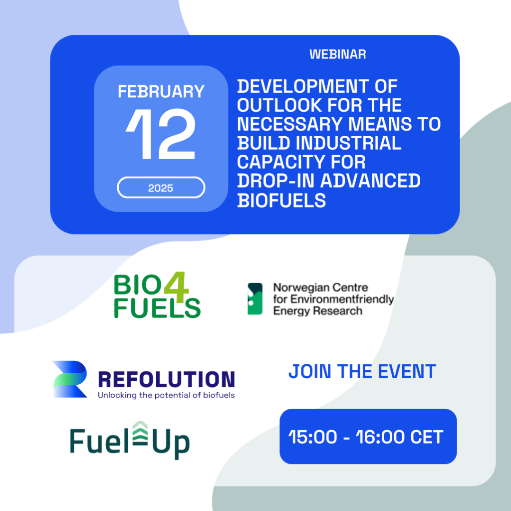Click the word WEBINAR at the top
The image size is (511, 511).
pyautogui.click(x=338, y=54)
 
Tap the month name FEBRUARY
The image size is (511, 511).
pyautogui.click(x=161, y=92)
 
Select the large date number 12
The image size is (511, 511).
pyautogui.click(x=160, y=134)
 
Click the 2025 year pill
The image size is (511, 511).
pyautogui.click(x=161, y=188)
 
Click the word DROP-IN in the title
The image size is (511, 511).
pyautogui.click(x=275, y=181)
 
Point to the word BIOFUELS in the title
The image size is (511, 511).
pyautogui.click(x=281, y=200)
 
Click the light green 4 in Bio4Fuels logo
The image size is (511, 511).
pyautogui.click(x=176, y=287)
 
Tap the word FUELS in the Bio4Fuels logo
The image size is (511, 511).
pyautogui.click(x=157, y=308)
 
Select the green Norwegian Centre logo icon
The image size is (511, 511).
pyautogui.click(x=255, y=299)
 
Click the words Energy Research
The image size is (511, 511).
pyautogui.click(x=318, y=311)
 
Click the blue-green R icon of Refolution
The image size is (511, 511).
pyautogui.click(x=70, y=379)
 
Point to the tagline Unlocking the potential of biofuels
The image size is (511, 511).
pyautogui.click(x=166, y=395)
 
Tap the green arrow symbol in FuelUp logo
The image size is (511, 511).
pyautogui.click(x=140, y=433)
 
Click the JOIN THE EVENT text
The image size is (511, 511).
pyautogui.click(x=362, y=371)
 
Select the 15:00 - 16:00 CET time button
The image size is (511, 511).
pyautogui.click(x=368, y=436)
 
